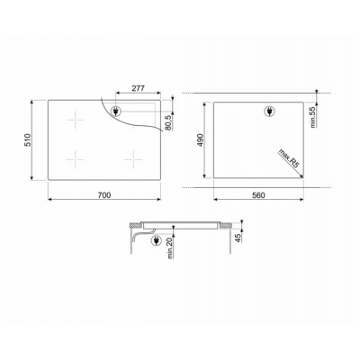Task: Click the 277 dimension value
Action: click(x=139, y=88)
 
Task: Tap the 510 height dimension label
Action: click(x=28, y=140)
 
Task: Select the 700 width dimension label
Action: click(x=104, y=195)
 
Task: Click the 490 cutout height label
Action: click(x=200, y=140)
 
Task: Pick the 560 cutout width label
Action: click(x=258, y=195)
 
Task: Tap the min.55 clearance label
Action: click(x=313, y=117)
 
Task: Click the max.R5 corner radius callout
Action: click(x=289, y=158)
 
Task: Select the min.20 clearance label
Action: click(x=171, y=247)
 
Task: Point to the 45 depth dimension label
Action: click(x=238, y=238)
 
